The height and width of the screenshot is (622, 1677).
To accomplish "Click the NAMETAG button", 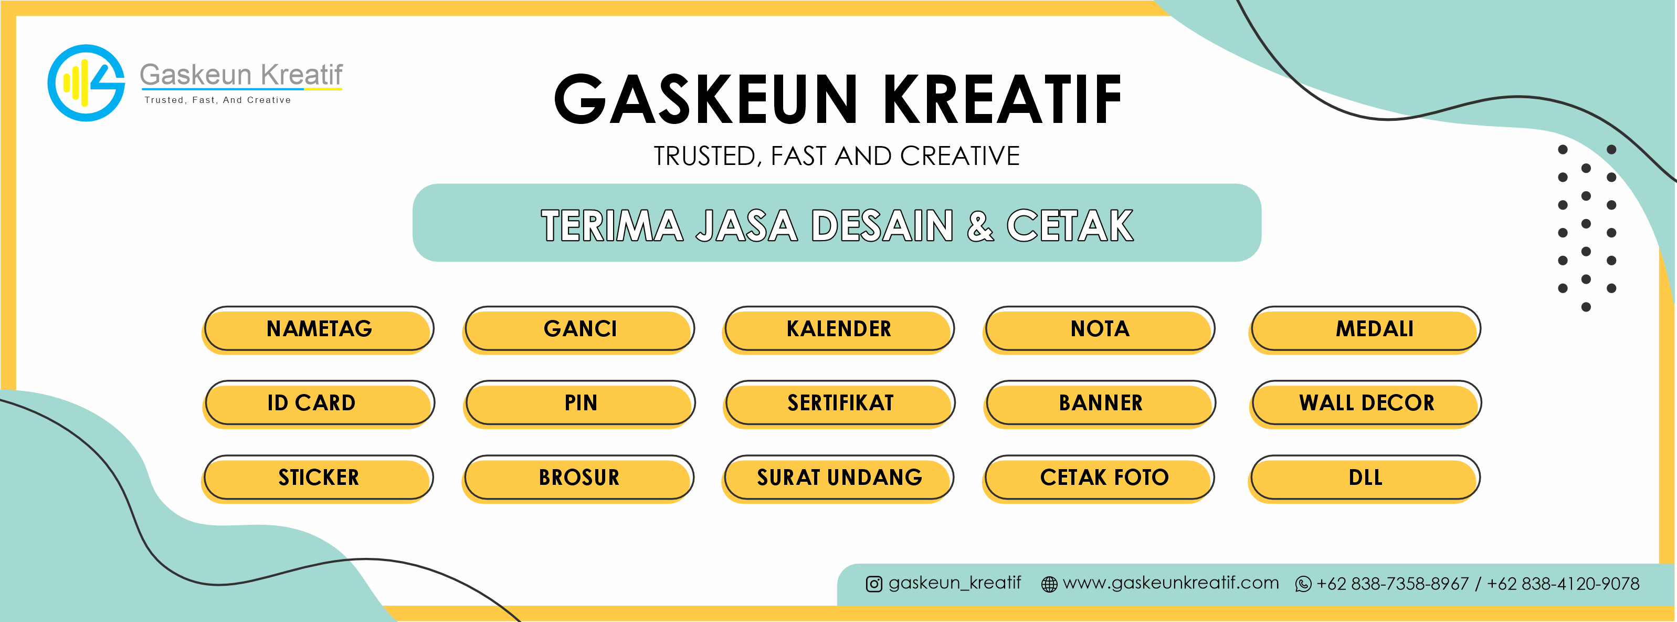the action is [x=319, y=329].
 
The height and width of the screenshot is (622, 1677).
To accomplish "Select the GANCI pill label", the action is [x=579, y=329].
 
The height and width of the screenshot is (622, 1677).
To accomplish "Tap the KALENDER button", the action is [x=839, y=329].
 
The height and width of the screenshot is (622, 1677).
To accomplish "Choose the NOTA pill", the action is [x=1099, y=329].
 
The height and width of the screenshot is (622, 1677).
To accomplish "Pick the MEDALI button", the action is [x=1365, y=329].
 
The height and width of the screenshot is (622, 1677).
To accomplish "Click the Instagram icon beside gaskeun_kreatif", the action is [x=873, y=584].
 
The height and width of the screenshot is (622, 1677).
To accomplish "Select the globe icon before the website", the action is [x=1049, y=584].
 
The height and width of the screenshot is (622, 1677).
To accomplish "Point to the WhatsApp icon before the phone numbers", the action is [x=1303, y=584].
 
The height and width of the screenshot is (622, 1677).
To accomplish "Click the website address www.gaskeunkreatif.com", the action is [x=1170, y=583].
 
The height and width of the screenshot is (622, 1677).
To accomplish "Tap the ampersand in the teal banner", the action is [x=980, y=225].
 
